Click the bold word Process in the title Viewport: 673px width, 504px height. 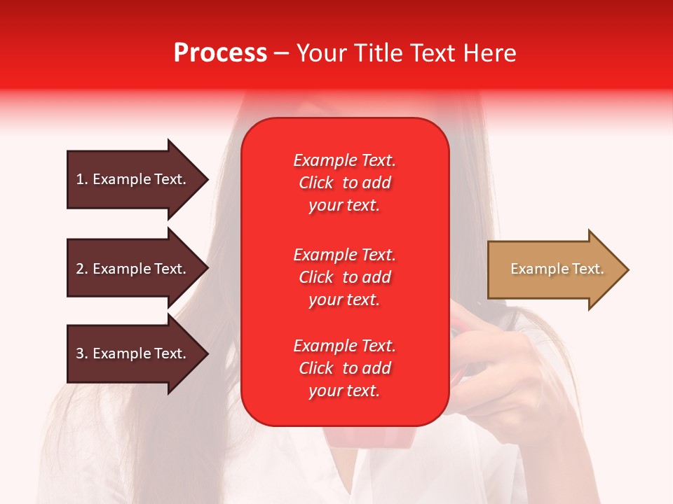pyautogui.click(x=220, y=53)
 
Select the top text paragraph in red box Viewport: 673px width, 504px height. pyautogui.click(x=344, y=183)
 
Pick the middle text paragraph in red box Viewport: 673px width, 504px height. pyautogui.click(x=344, y=277)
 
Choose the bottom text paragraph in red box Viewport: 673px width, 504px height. pyautogui.click(x=344, y=368)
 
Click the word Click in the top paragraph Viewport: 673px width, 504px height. pyautogui.click(x=316, y=183)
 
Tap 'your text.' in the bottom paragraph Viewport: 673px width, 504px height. pyautogui.click(x=344, y=391)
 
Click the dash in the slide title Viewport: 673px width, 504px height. pyautogui.click(x=281, y=53)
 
